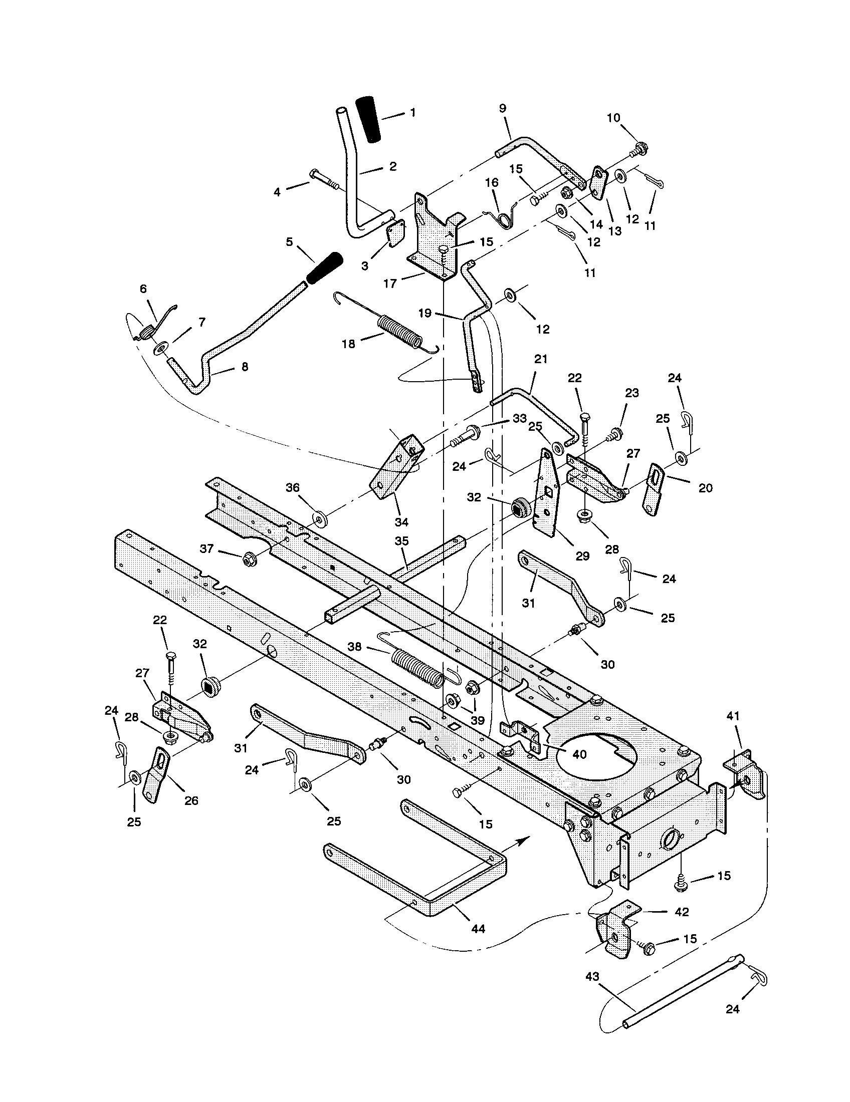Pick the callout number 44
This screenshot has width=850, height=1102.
(477, 928)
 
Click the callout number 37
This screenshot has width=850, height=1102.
(207, 548)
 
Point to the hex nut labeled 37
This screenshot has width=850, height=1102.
(248, 558)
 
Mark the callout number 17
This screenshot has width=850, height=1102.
(390, 284)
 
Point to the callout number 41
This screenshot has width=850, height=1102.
(733, 715)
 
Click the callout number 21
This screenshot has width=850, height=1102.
(540, 359)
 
